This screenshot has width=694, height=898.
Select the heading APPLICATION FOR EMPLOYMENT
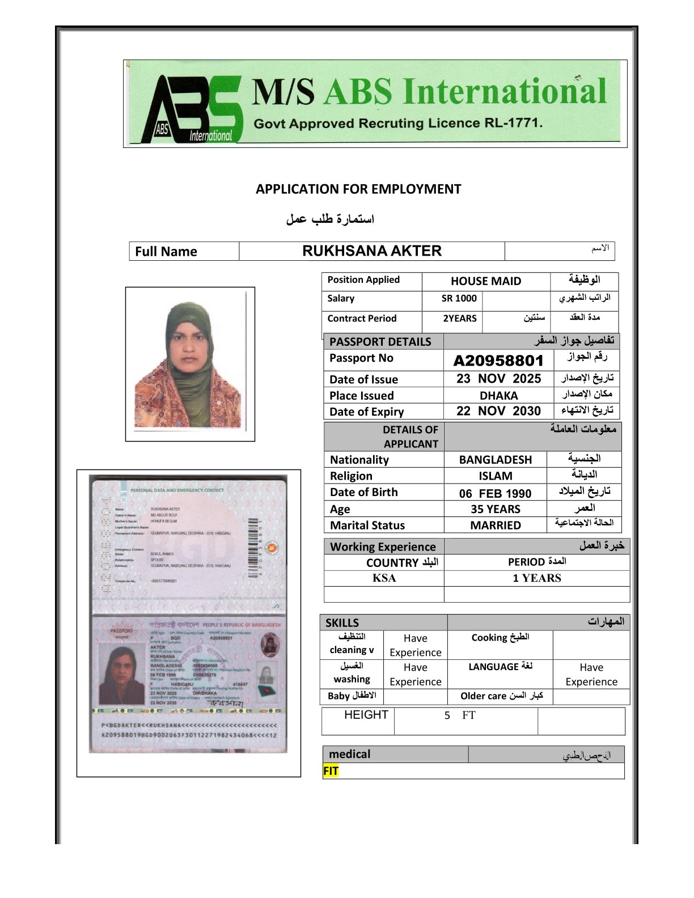358,189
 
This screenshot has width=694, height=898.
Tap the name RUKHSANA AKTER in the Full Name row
371,251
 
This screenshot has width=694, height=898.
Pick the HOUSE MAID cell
486,281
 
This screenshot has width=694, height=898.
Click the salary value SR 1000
459,299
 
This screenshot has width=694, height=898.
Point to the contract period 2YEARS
460,319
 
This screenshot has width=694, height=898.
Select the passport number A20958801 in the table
498,361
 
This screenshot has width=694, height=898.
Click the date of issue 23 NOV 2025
498,379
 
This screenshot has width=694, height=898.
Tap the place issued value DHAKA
498,396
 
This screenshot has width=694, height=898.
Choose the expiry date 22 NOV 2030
498,411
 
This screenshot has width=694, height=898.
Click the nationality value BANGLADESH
496,460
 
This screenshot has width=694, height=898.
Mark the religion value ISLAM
496,476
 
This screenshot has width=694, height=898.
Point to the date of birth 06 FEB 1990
496,493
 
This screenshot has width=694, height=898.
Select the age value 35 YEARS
496,509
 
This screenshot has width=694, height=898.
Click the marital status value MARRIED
496,526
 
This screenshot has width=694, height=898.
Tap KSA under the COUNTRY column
384,578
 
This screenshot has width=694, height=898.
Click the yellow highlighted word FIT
331,771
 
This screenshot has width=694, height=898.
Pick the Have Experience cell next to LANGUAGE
591,675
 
